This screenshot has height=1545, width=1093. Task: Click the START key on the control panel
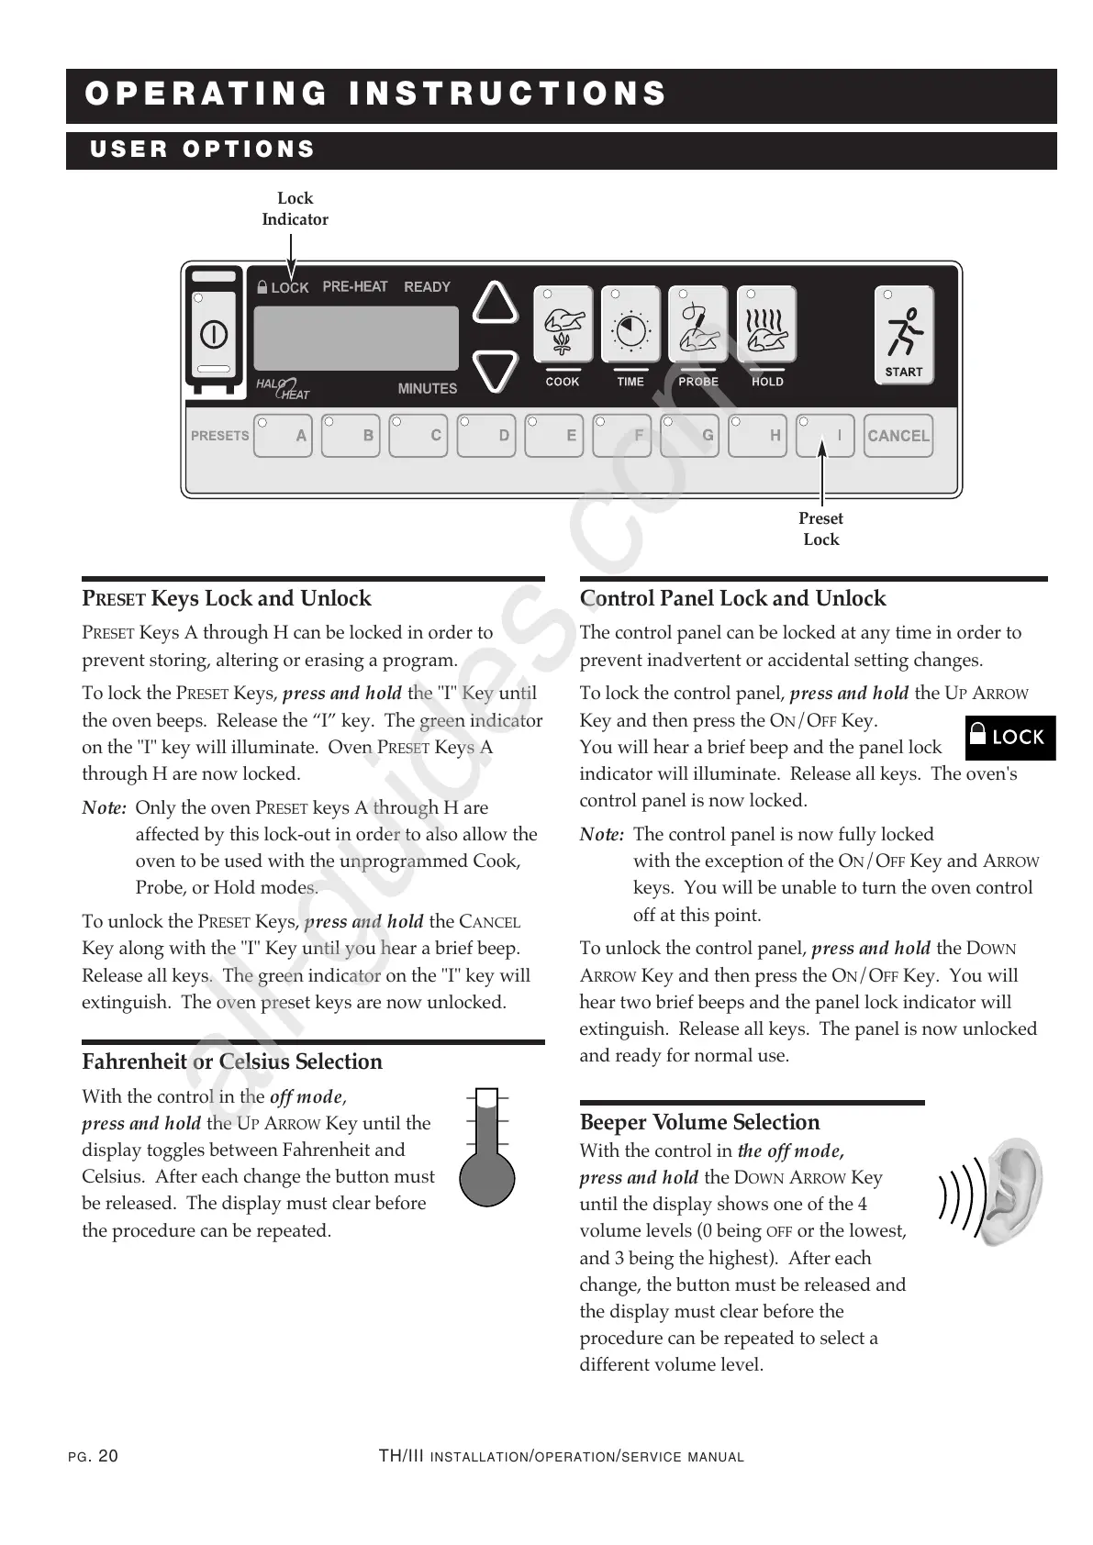(903, 335)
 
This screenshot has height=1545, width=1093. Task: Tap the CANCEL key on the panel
(898, 436)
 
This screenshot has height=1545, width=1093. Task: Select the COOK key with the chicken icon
(563, 325)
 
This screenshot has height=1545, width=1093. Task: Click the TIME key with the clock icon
(630, 325)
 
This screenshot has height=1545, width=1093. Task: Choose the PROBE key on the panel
(698, 325)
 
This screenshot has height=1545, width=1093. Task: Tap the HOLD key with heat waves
(766, 325)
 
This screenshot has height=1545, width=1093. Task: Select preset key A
(284, 436)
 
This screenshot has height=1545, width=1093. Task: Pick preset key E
(553, 436)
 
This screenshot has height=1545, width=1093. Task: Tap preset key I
(824, 436)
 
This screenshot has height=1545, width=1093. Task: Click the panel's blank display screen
(355, 337)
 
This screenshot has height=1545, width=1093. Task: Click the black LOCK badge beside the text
(1009, 737)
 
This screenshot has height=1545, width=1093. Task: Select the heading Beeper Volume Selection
(699, 1122)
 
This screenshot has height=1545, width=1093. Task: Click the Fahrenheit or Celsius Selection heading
(232, 1061)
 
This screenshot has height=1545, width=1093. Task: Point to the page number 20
(107, 1456)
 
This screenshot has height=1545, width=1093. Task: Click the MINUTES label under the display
(427, 388)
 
